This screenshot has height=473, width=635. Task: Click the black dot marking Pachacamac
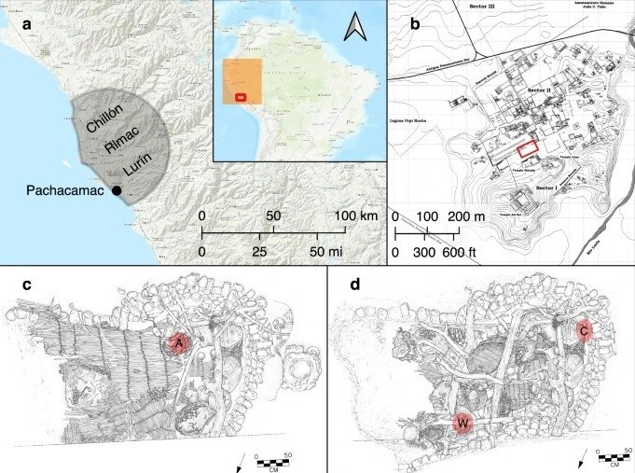117,190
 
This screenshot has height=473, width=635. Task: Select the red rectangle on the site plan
529,148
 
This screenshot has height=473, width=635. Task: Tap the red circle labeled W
462,424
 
